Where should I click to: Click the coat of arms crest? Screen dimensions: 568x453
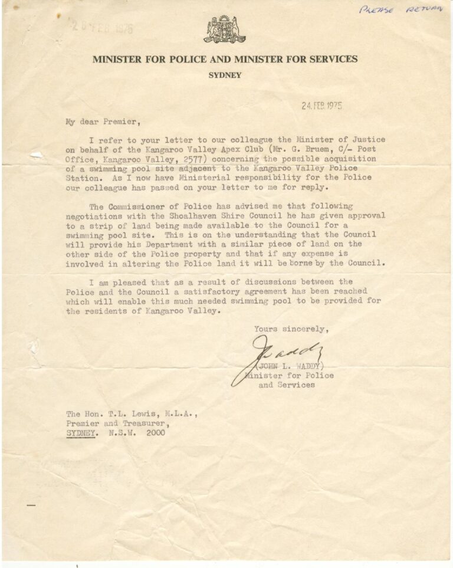tap(225, 29)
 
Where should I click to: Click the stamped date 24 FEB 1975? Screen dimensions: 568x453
tap(321, 106)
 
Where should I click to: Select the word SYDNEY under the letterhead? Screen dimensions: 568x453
tap(225, 75)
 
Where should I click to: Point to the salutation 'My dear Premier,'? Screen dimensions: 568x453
tap(103, 123)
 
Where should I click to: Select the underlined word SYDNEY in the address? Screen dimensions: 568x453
tap(81, 433)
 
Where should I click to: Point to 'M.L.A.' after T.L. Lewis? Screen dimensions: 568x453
tap(179, 414)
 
